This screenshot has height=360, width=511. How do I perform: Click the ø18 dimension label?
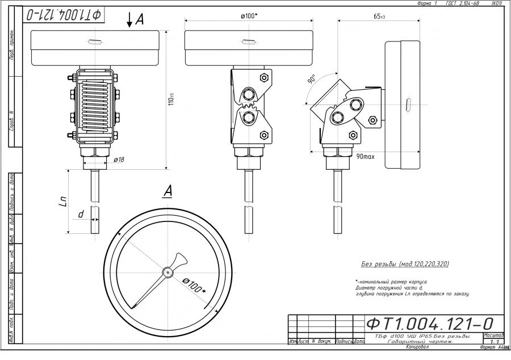coord(119,160)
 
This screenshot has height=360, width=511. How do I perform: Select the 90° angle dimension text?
coord(312,80)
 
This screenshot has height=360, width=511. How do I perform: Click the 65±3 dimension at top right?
coord(379,16)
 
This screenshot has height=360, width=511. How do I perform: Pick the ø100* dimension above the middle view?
coord(249,16)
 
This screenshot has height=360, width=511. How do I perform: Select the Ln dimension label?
coord(64,202)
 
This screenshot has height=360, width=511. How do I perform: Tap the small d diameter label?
coord(81,215)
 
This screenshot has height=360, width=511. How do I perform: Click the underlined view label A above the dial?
coord(167,191)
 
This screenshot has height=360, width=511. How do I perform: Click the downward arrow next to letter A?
coord(130,20)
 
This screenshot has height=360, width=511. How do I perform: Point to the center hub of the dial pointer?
coord(167,273)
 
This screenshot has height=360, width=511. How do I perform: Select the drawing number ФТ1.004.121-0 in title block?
coord(429,323)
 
